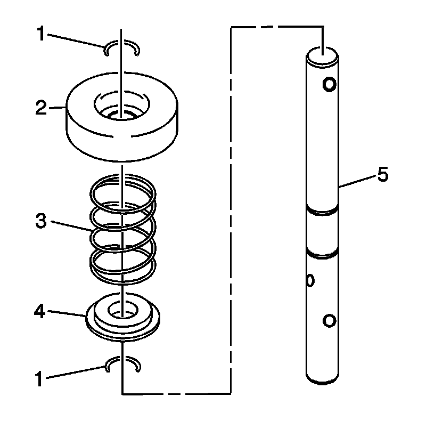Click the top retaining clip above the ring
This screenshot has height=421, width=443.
point(122,48)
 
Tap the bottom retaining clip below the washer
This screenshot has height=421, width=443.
point(122,365)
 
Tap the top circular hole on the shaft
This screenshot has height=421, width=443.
point(329,84)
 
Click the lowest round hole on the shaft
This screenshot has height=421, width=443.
point(329,320)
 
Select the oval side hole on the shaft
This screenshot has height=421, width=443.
point(311,280)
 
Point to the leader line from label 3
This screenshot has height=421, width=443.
point(72,225)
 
